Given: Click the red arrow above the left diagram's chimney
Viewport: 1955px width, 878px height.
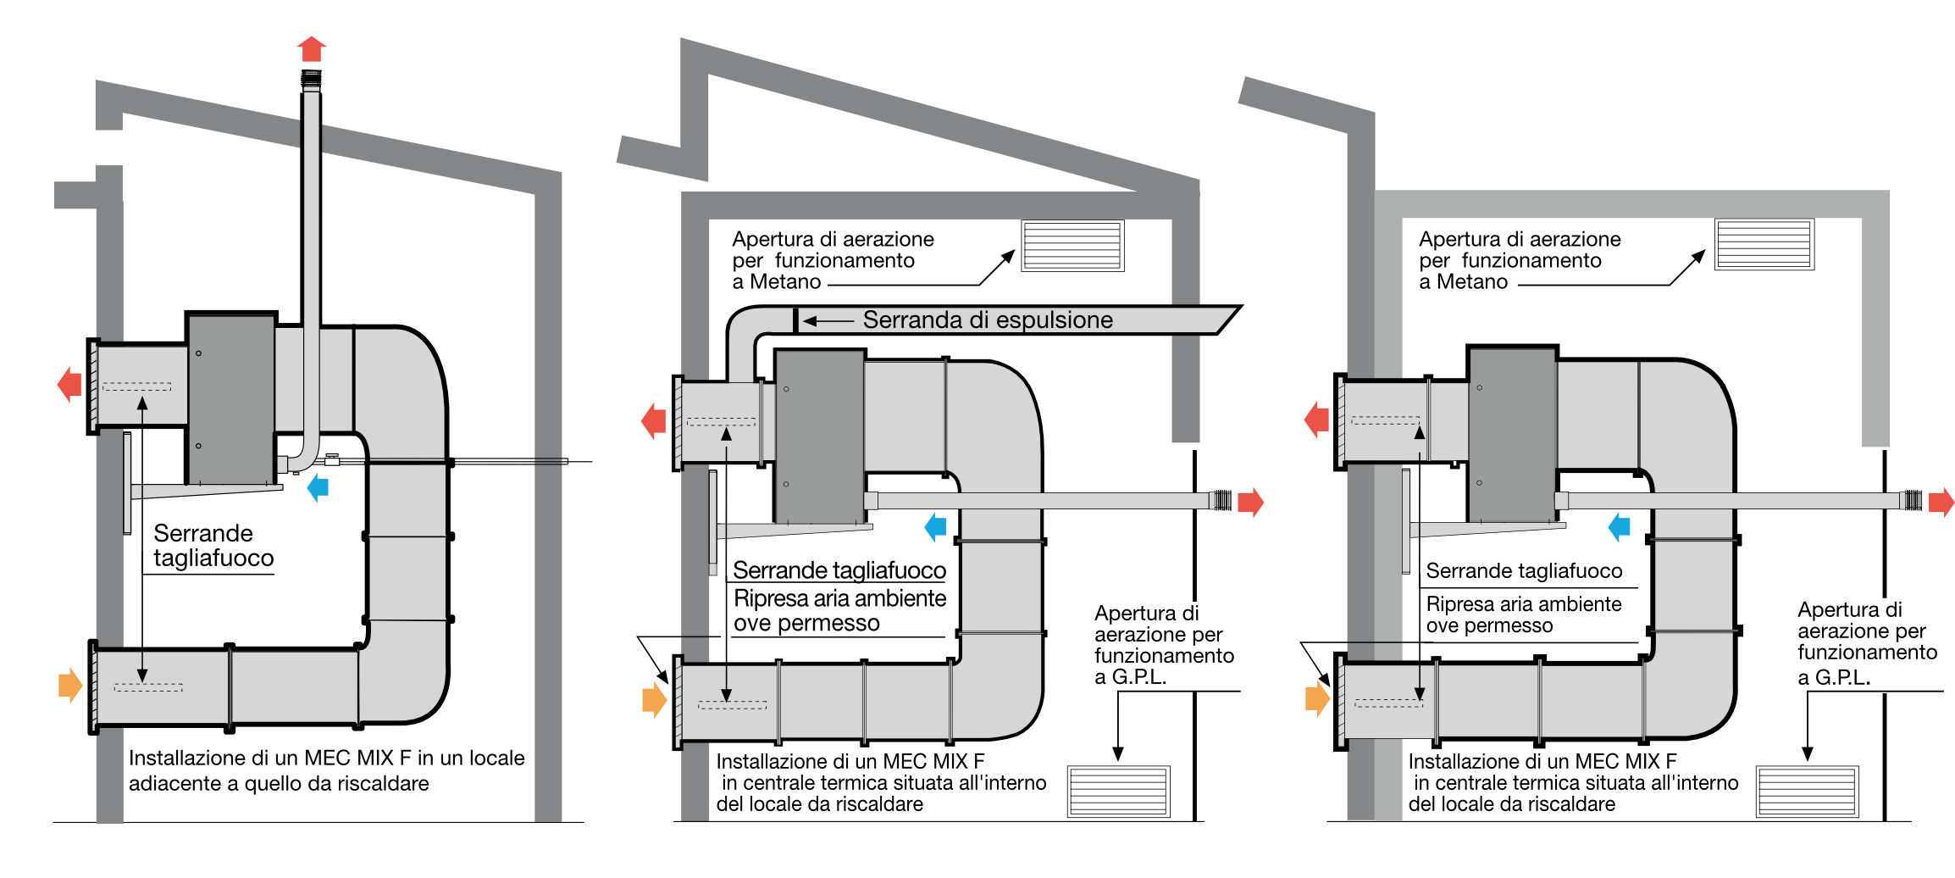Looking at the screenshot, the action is coord(312,49).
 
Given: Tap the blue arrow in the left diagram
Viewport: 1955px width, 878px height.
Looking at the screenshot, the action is coord(318,487).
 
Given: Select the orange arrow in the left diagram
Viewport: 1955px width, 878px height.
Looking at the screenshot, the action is coord(69,685).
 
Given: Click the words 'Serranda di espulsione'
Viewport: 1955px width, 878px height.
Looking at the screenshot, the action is coord(988,320).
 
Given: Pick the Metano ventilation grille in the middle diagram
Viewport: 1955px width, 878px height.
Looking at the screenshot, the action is coord(1072,246).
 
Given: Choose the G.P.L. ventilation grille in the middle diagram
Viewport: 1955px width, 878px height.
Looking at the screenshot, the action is coord(1118,791).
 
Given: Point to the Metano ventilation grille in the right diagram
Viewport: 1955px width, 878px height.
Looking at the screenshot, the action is coord(1764,244).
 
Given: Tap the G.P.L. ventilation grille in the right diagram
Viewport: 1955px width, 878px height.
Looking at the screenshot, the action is coord(1808,791).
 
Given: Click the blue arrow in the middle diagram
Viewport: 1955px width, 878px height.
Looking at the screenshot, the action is coord(935,526).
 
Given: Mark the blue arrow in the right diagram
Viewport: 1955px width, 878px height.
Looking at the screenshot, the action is coord(1619,526).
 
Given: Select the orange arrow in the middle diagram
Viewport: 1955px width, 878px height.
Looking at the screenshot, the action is coord(655,700).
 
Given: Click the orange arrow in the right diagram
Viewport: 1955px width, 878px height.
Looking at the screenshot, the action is coord(1317,699).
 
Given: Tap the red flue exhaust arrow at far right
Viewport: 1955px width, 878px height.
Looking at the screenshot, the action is coord(1941,502).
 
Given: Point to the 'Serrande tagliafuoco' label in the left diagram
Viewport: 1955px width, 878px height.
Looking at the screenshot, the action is coord(213,546).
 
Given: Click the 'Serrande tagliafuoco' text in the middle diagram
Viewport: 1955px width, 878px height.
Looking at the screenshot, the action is coord(839,570).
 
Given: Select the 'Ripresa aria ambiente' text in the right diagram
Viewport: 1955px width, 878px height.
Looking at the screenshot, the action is coord(1524,604).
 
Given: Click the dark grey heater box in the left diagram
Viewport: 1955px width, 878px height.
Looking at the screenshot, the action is coord(231,398).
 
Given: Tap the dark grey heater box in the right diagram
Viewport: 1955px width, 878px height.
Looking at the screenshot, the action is coord(1512,434).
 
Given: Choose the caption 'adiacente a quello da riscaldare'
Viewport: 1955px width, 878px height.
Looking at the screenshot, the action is coord(279,783).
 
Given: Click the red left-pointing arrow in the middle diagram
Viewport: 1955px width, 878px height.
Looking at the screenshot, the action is coord(653,420).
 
